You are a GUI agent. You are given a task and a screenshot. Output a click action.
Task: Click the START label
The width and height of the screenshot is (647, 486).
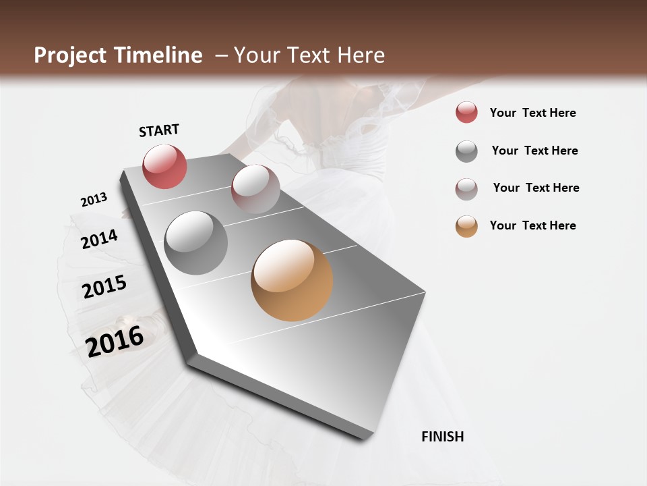tap(159, 130)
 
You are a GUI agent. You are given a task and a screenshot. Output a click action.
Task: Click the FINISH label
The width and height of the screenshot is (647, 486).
tap(442, 437)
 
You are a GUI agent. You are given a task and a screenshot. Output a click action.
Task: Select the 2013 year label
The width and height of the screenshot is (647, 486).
tap(94, 199)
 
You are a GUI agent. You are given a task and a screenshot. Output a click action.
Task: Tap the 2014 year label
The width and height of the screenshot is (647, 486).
tap(100, 239)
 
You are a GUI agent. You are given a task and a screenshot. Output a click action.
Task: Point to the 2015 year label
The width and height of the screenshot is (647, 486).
tap(104, 287)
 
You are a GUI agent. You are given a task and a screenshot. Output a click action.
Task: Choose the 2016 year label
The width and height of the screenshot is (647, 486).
tap(115, 341)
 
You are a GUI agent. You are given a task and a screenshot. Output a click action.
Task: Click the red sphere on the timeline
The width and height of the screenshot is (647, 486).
tap(164, 166)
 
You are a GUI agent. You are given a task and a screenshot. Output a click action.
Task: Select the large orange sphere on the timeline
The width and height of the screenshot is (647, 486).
tap(292, 280)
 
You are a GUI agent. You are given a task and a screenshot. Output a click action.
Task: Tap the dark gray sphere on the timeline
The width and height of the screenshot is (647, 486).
tap(196, 243)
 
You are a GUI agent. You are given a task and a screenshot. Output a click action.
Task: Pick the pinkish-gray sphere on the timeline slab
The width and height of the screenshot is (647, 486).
tap(255, 189)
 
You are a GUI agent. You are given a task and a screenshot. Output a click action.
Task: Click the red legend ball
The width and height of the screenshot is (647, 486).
tap(466, 113)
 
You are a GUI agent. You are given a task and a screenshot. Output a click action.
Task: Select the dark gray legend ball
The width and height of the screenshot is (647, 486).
tap(466, 151)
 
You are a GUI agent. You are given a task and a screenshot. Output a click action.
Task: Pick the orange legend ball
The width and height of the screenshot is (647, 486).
tap(466, 226)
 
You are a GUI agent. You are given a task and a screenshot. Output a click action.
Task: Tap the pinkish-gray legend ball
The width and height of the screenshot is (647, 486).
tap(466, 189)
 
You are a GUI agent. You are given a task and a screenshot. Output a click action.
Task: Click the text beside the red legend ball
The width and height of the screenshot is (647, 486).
tap(532, 113)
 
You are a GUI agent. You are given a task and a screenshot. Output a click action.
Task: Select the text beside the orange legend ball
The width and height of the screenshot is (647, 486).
tap(532, 225)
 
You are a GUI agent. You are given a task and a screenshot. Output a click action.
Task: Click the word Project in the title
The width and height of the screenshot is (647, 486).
tap(70, 55)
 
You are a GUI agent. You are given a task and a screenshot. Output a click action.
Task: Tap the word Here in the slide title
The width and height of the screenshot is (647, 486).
tap(361, 55)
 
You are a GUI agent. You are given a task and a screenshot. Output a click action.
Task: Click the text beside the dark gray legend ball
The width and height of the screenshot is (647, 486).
tap(534, 151)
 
